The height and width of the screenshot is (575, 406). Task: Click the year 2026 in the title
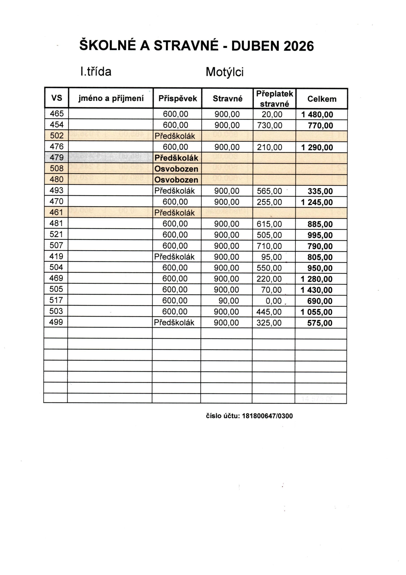coord(298,46)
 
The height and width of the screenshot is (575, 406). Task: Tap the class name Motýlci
coord(224,72)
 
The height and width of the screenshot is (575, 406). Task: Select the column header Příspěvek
coord(178,98)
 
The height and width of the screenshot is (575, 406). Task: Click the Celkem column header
coord(322,99)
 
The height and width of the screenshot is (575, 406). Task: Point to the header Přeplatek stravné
coord(274,99)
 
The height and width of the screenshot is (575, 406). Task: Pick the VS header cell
coord(57,98)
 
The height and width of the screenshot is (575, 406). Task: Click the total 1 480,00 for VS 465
coord(317,115)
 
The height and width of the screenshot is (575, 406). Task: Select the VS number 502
coord(57,135)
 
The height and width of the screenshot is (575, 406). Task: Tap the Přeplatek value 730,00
coord(269,125)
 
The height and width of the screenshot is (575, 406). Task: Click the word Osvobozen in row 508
coord(176,169)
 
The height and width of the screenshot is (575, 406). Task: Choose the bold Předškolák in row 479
coord(176,158)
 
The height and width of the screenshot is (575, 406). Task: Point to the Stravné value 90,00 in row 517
coord(229,301)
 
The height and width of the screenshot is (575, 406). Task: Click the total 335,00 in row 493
coord(320,191)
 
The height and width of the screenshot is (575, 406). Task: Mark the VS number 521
coord(56,234)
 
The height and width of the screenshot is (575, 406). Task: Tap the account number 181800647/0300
coord(267,416)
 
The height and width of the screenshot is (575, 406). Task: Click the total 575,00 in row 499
coord(320,323)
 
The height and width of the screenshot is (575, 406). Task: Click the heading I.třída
coord(96,72)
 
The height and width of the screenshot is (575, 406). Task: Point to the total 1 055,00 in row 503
coord(317,312)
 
